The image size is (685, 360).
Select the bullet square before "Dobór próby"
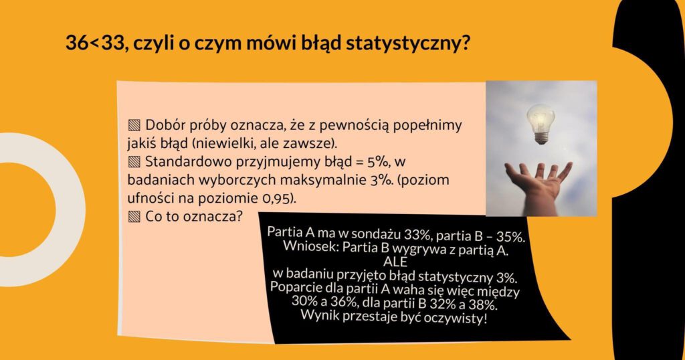[x=134, y=126]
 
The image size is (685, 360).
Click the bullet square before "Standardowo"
[x=134, y=163]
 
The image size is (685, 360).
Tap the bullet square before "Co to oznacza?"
[x=134, y=217]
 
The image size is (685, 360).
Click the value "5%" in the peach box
[x=378, y=162]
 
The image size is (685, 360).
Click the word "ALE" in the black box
[x=395, y=261]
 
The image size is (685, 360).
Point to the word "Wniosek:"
[x=310, y=246]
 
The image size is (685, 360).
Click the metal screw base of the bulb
[x=542, y=139]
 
